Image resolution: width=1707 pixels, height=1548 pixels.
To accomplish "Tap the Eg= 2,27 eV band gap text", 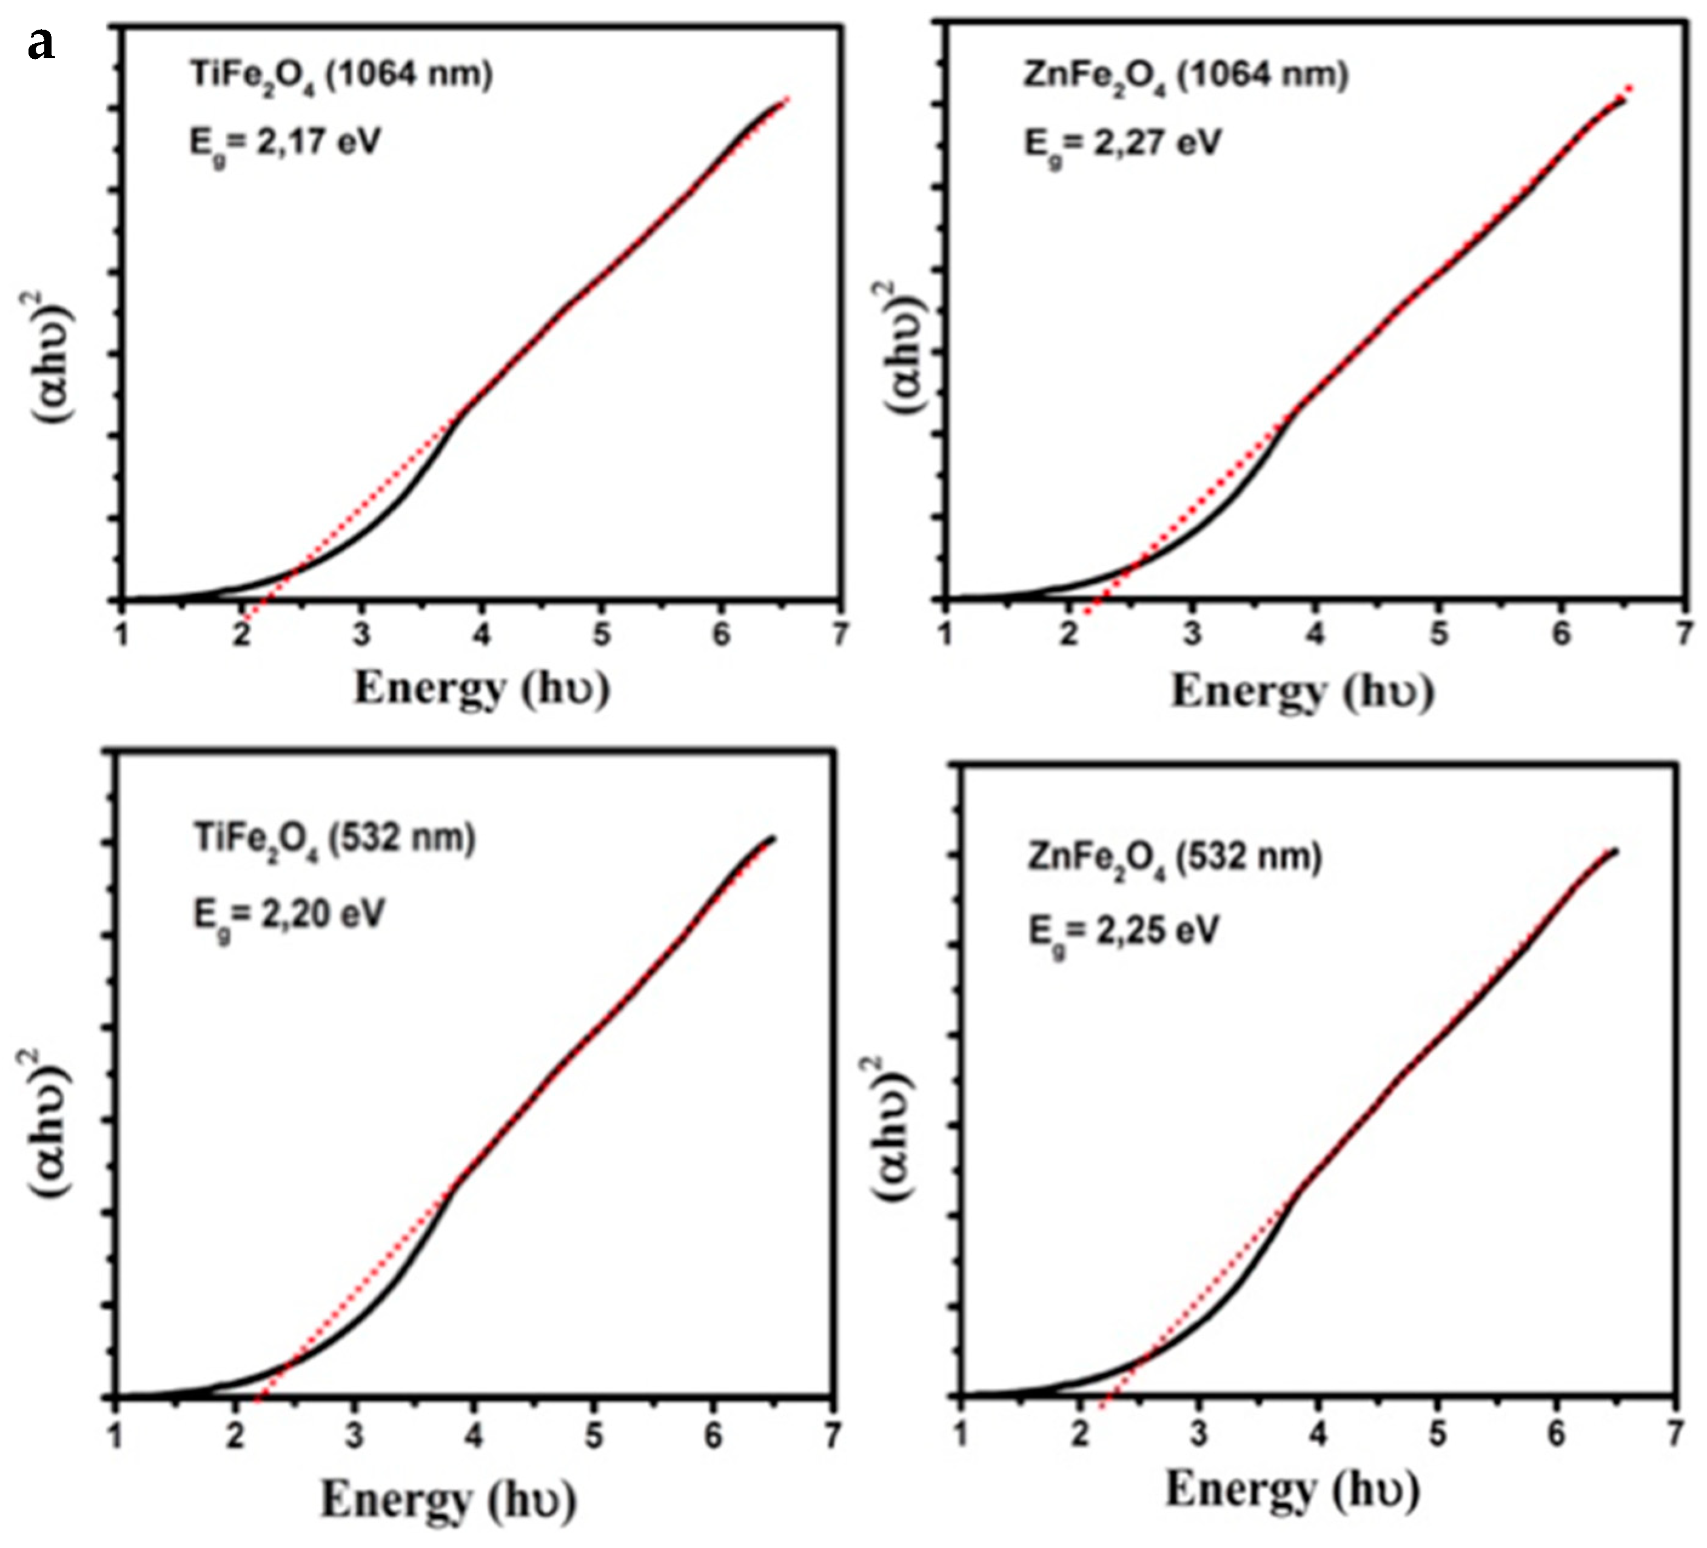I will [1122, 144].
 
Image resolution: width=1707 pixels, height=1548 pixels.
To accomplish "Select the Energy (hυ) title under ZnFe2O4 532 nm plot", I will [1291, 1489].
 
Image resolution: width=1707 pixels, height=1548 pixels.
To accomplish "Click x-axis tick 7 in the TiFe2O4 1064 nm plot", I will [839, 634].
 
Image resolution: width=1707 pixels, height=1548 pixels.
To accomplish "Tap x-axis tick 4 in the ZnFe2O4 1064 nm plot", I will [1315, 634].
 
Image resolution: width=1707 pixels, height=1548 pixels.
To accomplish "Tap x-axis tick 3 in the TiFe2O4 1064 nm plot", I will [363, 634].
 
